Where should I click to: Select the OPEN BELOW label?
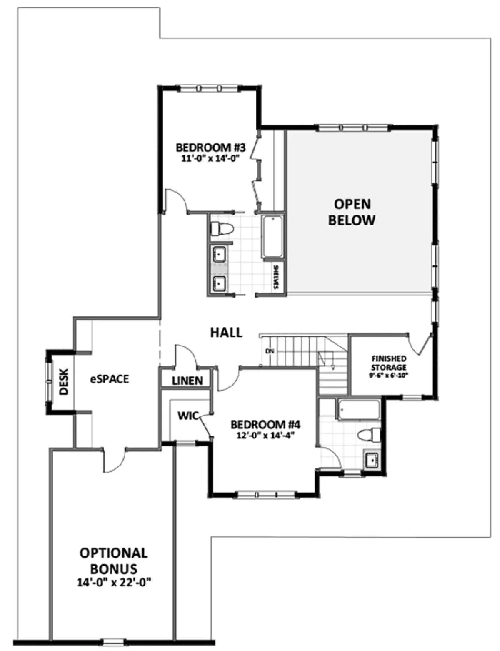tap(352, 212)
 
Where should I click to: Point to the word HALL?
tap(226, 333)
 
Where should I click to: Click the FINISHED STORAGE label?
tap(389, 363)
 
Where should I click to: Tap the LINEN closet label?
tap(187, 381)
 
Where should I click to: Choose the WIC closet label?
tap(188, 416)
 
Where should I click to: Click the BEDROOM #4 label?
tap(265, 425)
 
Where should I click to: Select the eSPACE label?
tap(110, 379)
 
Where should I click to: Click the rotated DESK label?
tap(63, 382)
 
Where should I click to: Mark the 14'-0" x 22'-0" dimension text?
tap(114, 583)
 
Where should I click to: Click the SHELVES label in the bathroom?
tap(276, 277)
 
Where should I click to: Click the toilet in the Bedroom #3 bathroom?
tap(222, 230)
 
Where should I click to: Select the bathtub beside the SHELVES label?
tap(272, 237)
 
